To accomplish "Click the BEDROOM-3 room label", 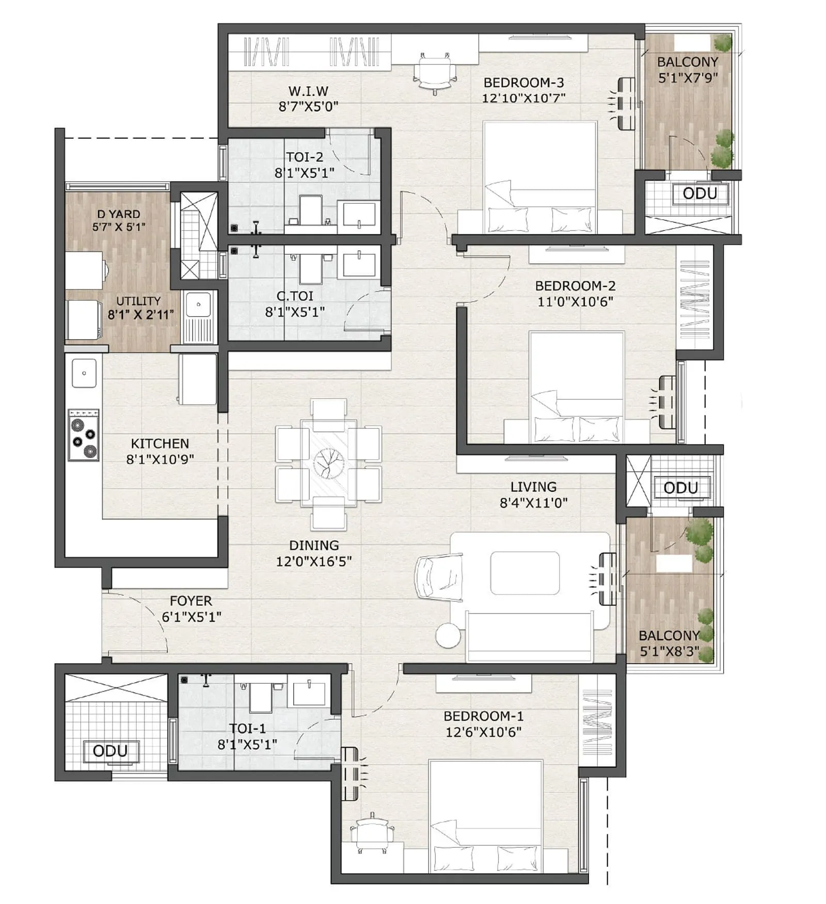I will [x=523, y=83].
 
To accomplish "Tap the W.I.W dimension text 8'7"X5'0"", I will [x=308, y=107].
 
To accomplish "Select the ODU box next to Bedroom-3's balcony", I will [x=700, y=194].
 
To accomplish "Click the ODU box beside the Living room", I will [x=680, y=488].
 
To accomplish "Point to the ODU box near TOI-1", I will [x=110, y=751].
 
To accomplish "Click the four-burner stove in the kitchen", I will [x=84, y=435].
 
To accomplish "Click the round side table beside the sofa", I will [x=448, y=635].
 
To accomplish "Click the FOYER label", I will [x=190, y=601].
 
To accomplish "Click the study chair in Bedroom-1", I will [x=372, y=835].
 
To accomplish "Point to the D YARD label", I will [x=118, y=214].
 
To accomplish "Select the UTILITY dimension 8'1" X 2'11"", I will [x=140, y=314].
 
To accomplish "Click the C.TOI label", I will [x=295, y=296].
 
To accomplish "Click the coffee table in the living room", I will [x=525, y=573].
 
